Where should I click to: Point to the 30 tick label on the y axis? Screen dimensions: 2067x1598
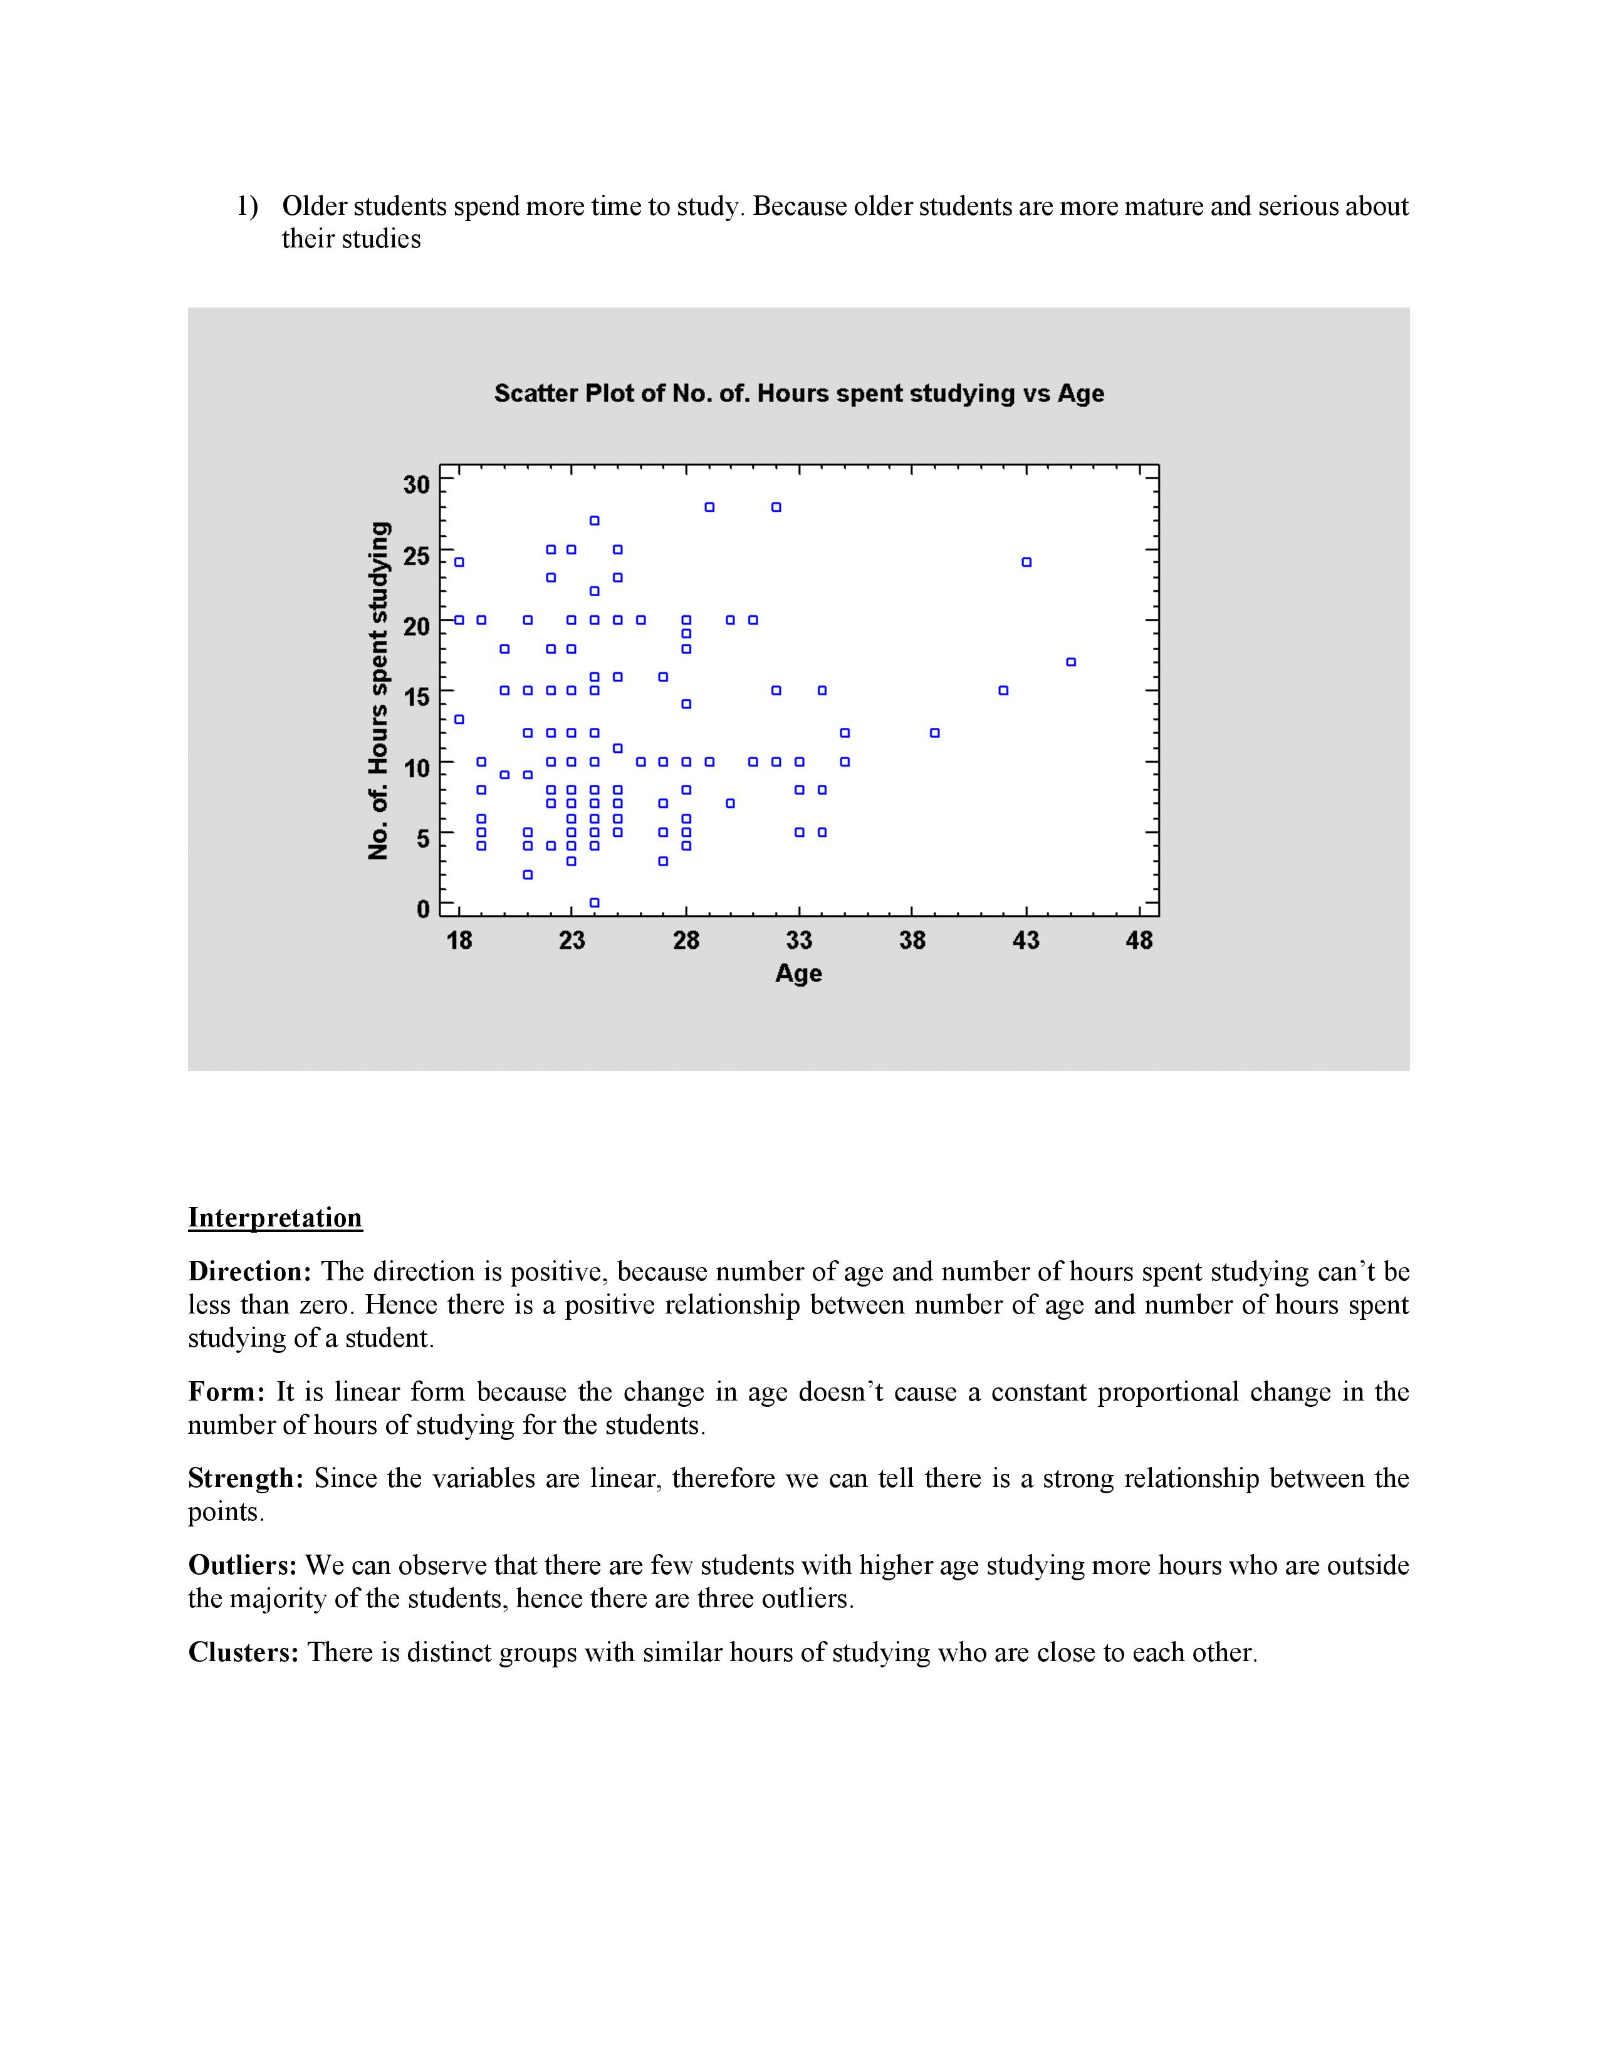[x=417, y=485]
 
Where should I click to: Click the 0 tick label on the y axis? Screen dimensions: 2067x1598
[x=423, y=909]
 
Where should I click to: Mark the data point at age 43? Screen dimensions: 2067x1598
[x=1026, y=562]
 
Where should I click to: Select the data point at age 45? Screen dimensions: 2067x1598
[x=1071, y=661]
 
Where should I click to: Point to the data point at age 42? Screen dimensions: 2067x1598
[x=1003, y=690]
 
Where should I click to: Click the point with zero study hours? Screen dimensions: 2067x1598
[x=595, y=902]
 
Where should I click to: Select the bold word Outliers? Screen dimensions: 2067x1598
[x=243, y=1565]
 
